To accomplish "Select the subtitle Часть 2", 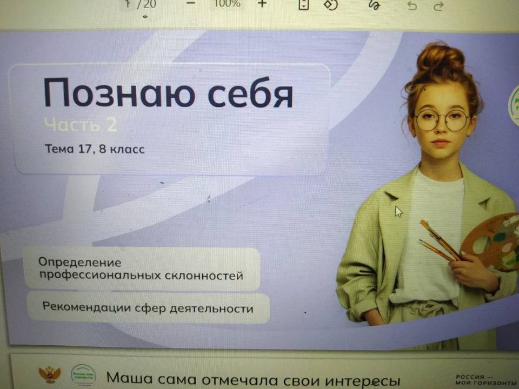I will tap(80, 125).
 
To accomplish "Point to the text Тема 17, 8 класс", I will tap(95, 149).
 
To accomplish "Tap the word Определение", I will tap(79, 263).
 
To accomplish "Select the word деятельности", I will tap(211, 309).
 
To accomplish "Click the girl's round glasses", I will tap(442, 119).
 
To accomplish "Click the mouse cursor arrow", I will tap(398, 211).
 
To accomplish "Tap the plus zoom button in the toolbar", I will tap(262, 4).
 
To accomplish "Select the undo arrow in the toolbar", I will tap(412, 5).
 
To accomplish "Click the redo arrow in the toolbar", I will tap(438, 5).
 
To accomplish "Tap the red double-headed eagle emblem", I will tap(49, 374).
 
